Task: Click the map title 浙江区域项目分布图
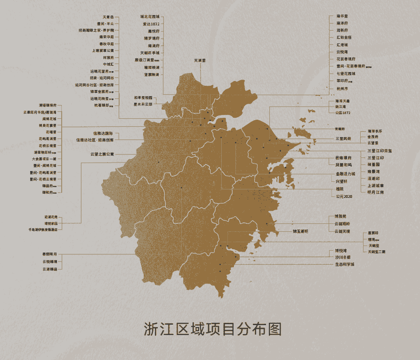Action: tap(212, 329)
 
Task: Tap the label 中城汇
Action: tap(108, 64)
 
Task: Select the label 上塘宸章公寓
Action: tap(103, 50)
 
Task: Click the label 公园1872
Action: tap(343, 113)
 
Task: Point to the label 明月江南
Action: tap(375, 192)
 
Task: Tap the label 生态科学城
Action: tap(345, 264)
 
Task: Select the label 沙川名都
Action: tap(343, 257)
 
